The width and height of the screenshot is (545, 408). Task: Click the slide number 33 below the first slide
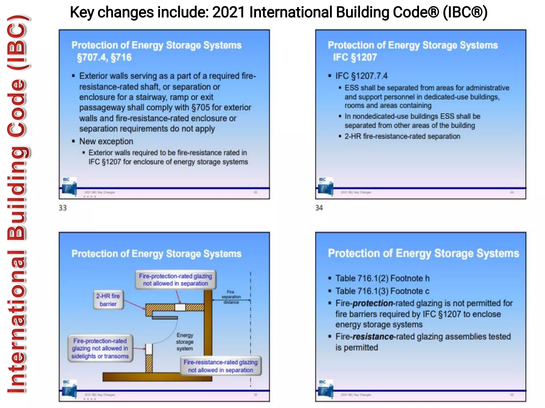[x=63, y=208]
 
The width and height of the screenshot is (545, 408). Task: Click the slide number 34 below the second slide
[x=319, y=208]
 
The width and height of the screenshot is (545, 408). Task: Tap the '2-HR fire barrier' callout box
[x=108, y=300]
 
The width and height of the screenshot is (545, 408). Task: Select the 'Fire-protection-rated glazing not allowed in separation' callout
[x=175, y=280]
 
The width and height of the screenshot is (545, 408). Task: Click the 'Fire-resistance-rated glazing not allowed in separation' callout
[x=221, y=366]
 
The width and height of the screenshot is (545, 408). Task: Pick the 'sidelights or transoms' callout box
[x=100, y=348]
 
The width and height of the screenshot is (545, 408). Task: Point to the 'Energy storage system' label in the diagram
[x=185, y=342]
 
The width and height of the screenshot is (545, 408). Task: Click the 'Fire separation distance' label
[x=231, y=297]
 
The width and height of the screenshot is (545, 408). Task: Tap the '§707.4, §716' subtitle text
[x=104, y=57]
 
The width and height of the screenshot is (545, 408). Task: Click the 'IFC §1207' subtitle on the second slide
[x=355, y=57]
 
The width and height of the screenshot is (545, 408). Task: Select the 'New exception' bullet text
[x=106, y=141]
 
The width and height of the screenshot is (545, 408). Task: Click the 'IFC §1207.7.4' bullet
[x=361, y=76]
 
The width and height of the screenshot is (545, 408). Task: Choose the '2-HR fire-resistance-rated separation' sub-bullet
[x=402, y=136]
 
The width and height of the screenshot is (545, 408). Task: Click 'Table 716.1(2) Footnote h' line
[x=382, y=278]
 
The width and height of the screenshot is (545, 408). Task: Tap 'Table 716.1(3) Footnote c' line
[x=382, y=291]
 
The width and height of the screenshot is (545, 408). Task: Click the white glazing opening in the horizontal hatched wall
[x=180, y=307]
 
